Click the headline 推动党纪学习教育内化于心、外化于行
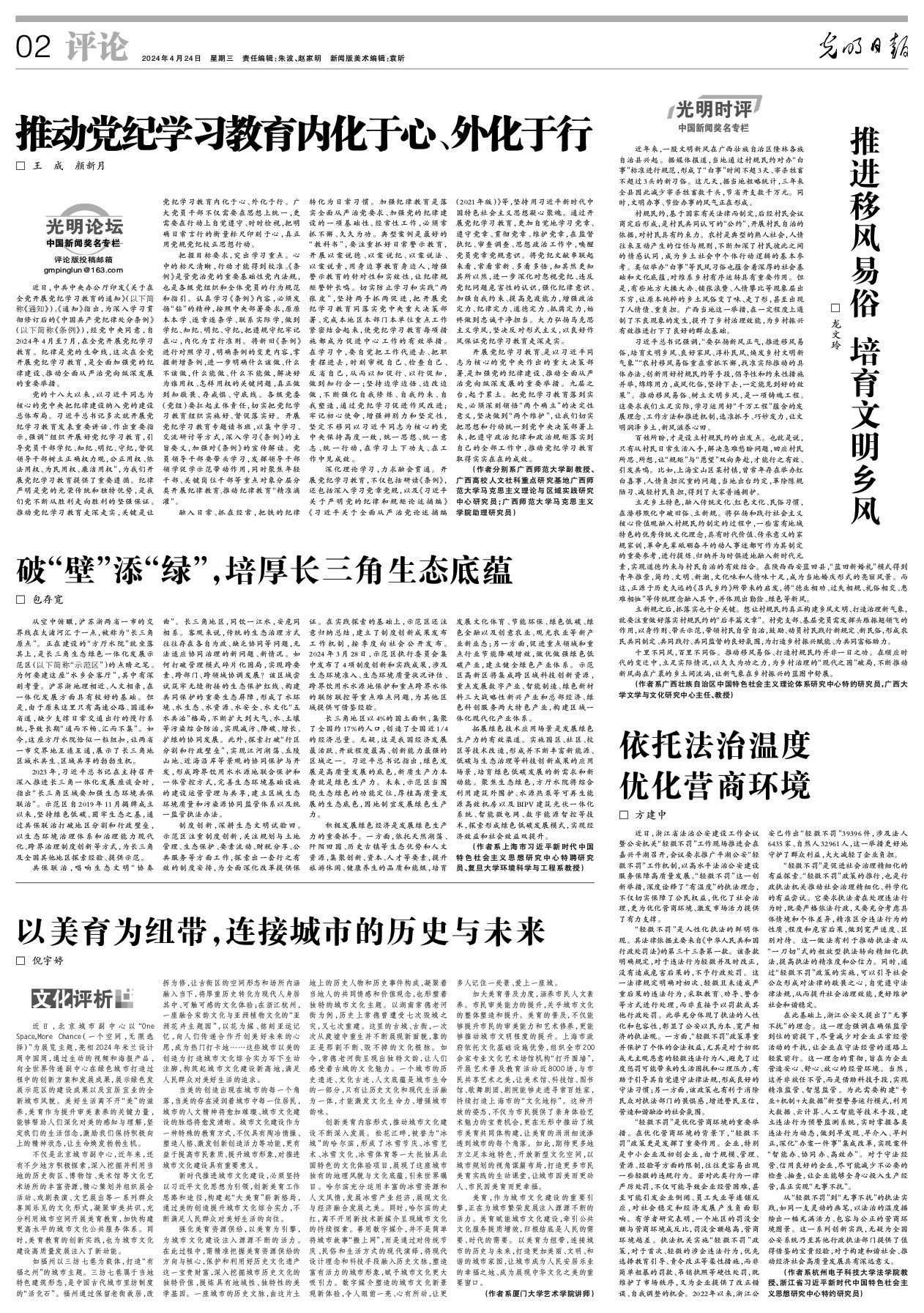[x=304, y=133]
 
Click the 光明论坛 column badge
[x=82, y=231]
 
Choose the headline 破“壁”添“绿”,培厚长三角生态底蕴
[x=264, y=569]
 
